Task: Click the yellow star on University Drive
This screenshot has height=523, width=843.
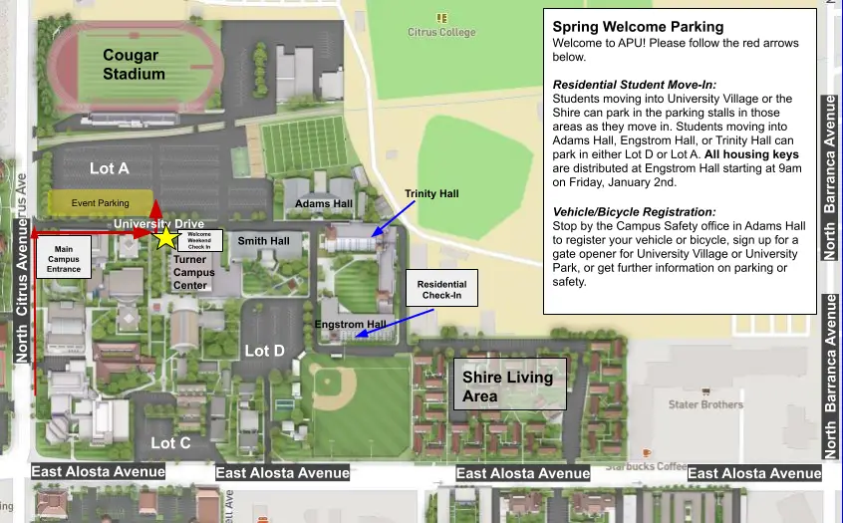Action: click(164, 239)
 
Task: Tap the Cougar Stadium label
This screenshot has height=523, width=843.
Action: click(134, 65)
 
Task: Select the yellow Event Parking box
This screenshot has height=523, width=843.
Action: click(101, 202)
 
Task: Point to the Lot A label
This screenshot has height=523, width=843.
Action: click(109, 168)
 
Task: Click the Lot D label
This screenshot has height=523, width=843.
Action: click(264, 351)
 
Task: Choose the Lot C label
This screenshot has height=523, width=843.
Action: click(170, 442)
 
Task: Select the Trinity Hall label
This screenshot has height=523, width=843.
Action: click(431, 193)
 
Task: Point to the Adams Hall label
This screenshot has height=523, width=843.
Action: click(324, 203)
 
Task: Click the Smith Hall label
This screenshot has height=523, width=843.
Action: click(263, 241)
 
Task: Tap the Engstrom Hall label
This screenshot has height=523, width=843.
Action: click(350, 325)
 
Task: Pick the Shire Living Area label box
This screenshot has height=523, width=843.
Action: click(509, 386)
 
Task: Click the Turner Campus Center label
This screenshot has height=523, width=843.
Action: click(193, 272)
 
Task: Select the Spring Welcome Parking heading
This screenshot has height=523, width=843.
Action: click(638, 27)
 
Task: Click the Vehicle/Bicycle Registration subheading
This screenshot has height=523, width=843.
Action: click(634, 212)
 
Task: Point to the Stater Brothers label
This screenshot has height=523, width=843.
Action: click(705, 404)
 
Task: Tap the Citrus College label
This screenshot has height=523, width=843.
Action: click(441, 32)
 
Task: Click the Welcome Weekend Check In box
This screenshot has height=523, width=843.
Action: click(199, 241)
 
